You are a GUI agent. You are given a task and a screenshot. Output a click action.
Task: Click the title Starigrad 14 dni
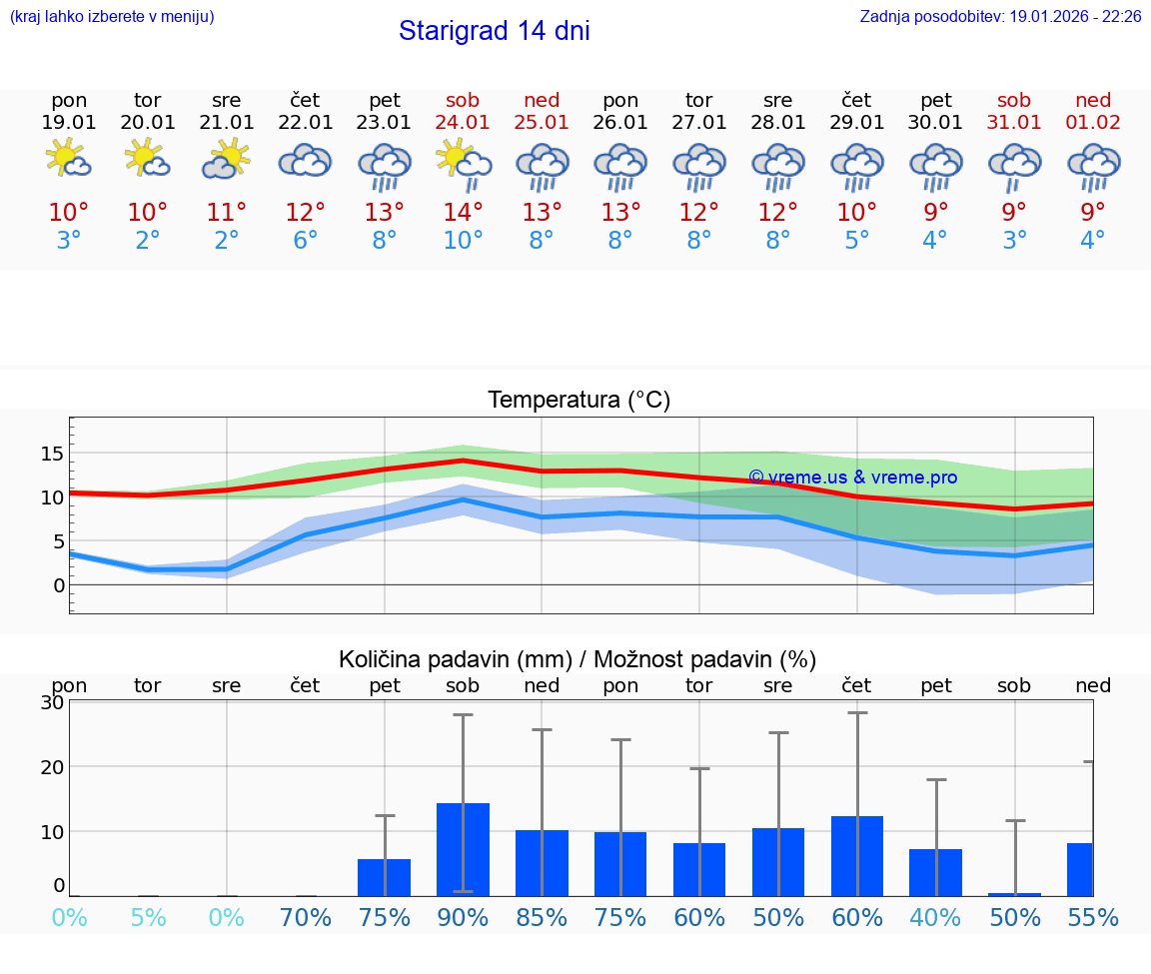pos(494,31)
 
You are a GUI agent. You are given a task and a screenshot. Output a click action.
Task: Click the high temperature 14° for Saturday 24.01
pos(463,212)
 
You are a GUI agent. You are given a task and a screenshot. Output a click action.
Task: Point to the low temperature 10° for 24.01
pos(463,240)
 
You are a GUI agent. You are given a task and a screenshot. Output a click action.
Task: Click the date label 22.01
pos(306,122)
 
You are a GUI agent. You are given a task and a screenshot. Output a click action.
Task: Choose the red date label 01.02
pos(1093,122)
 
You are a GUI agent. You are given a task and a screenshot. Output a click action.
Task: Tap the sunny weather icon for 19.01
pos(69,160)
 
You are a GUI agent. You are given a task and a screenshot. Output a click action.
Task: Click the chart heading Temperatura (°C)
pos(578,400)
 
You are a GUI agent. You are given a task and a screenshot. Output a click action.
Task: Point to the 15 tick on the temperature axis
pos(52,454)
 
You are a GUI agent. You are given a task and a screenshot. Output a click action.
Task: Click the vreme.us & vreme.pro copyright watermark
pos(852,478)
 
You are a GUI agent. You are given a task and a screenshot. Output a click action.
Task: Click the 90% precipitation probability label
pos(463,917)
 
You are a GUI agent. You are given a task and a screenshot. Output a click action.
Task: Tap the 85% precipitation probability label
pos(542,917)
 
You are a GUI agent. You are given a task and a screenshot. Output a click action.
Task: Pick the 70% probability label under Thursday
pos(306,917)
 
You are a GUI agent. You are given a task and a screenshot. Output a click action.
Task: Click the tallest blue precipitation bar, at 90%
pos(463,849)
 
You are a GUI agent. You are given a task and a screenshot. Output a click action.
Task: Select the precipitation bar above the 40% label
pos(935,872)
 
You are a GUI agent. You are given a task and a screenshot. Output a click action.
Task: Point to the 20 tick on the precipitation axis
pos(52,766)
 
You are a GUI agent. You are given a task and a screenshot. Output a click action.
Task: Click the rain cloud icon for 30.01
pos(935,167)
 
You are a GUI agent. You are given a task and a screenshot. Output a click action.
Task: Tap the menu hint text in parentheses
pos(112,16)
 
